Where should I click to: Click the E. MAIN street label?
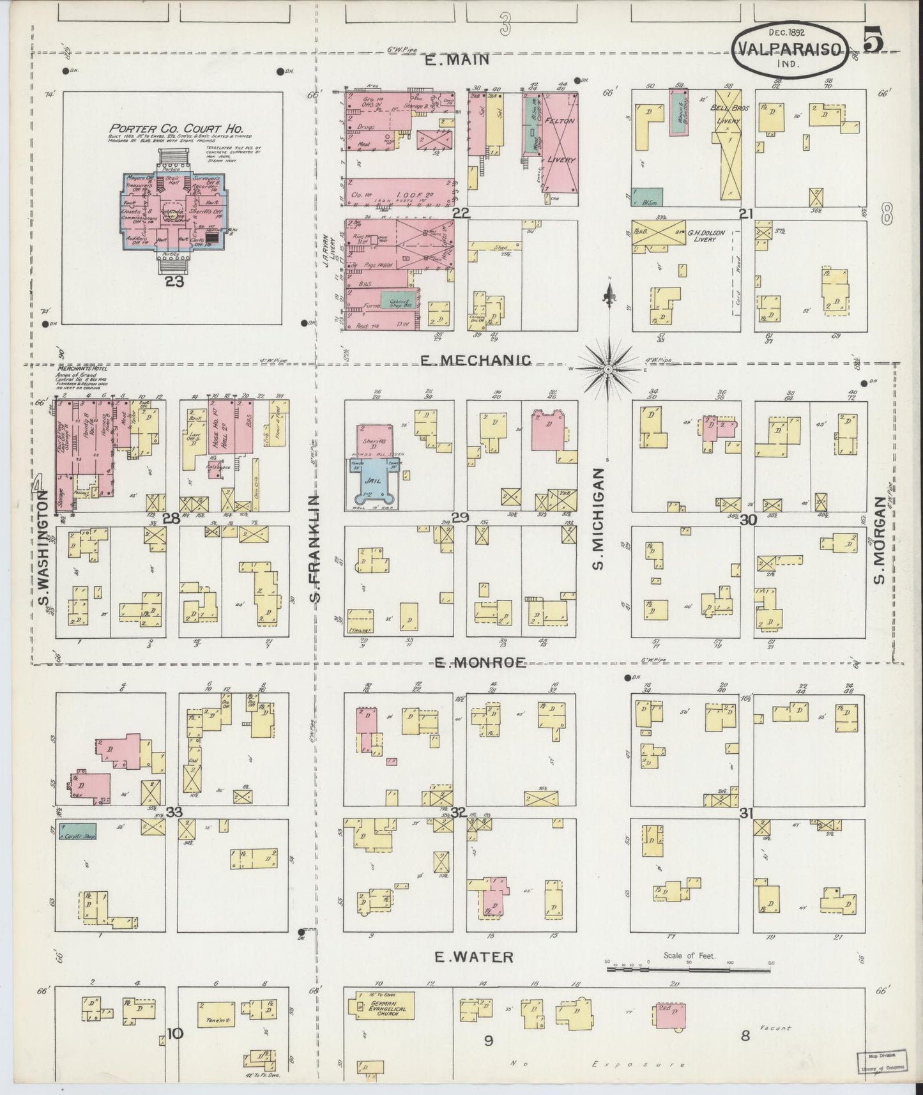457,59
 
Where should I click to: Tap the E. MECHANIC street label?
475,361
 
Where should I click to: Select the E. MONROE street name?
480,663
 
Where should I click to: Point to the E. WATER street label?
473,956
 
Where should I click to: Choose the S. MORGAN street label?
879,550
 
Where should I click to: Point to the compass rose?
608,369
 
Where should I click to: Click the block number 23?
174,282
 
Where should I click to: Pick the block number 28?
171,519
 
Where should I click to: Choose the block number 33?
174,812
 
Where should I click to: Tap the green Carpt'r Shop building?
77,831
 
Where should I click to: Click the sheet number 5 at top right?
874,40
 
